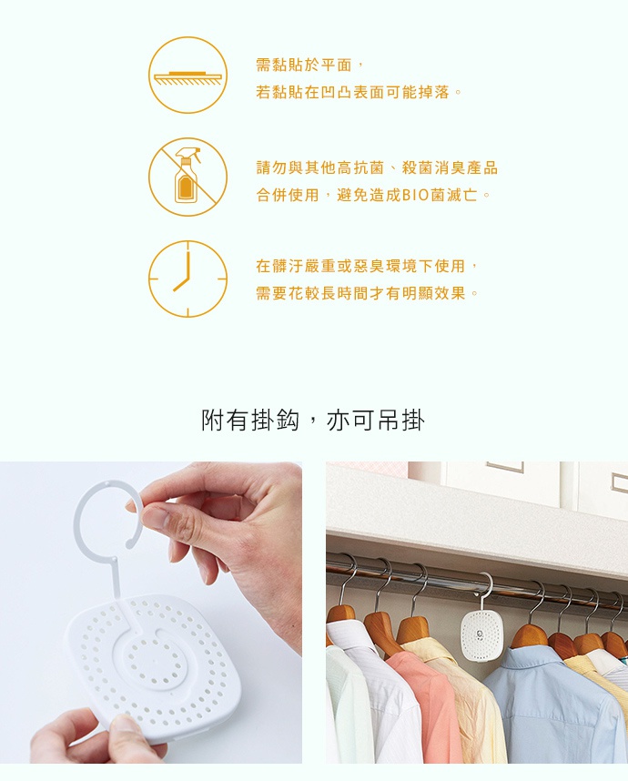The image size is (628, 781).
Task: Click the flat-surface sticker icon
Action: coord(187,76)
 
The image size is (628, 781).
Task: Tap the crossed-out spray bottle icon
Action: coord(187,177)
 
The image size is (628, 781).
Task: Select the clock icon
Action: coord(187,279)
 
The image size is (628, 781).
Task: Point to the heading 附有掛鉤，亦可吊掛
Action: coord(313,421)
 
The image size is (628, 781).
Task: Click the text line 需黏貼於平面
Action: coord(304,65)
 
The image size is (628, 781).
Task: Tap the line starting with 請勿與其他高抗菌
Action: coord(377,167)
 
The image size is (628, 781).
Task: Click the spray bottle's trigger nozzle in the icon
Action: coord(190,153)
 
